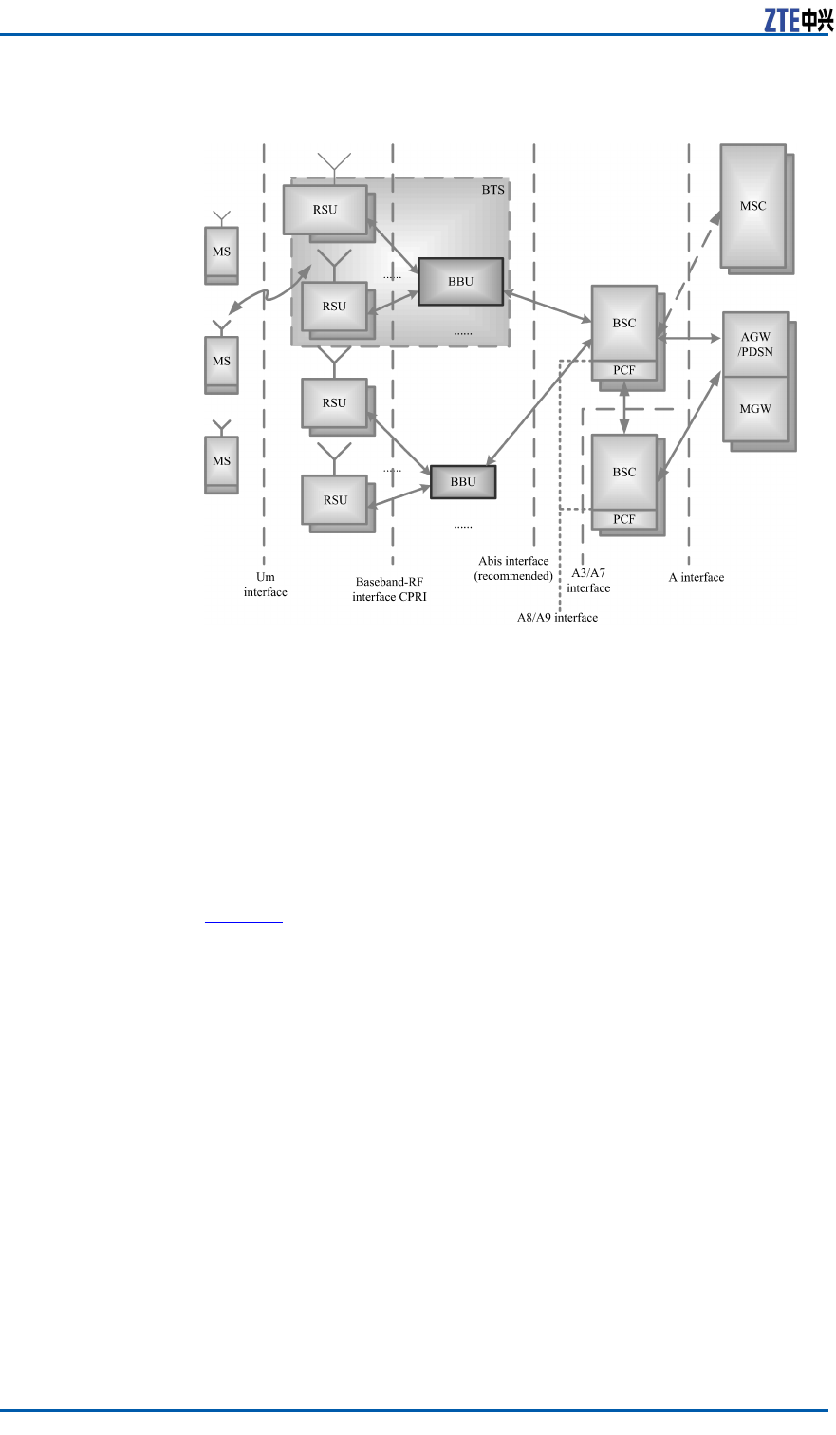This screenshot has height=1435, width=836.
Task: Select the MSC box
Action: click(752, 205)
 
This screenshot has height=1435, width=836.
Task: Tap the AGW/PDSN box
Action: click(755, 345)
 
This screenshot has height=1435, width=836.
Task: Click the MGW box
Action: click(755, 409)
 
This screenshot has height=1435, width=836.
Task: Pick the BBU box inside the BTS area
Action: click(460, 282)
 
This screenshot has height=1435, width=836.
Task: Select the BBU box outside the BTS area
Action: click(463, 482)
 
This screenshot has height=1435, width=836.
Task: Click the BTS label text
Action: click(492, 190)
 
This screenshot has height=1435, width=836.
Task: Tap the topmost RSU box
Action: click(325, 209)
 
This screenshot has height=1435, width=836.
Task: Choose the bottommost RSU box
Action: click(335, 500)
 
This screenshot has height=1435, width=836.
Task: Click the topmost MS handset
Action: click(221, 252)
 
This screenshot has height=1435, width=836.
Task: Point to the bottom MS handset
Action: click(221, 461)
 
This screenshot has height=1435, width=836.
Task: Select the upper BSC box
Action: click(623, 323)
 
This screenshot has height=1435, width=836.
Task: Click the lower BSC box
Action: click(623, 472)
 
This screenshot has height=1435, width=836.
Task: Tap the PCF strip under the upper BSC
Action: click(623, 370)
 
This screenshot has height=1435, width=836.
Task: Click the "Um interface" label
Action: click(266, 585)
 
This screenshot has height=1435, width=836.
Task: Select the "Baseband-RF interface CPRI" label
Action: click(389, 589)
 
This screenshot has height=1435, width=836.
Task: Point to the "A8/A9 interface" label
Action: click(550, 618)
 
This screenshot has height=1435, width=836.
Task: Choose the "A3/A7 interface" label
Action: click(588, 581)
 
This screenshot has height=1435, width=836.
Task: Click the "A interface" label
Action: click(696, 577)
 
